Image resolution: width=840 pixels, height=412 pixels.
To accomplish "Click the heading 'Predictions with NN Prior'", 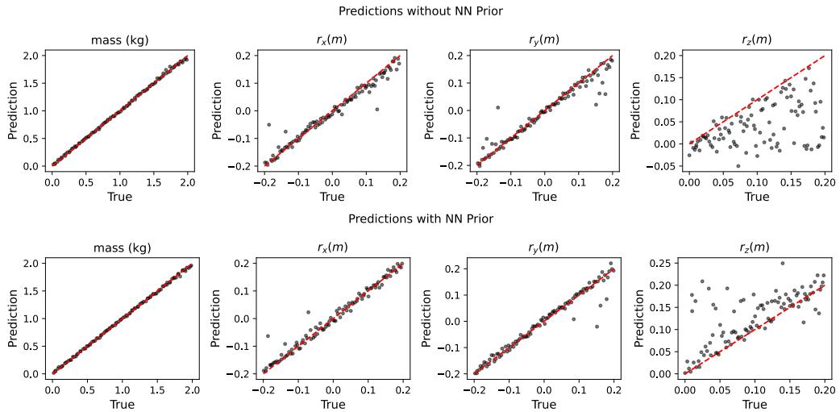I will [x=420, y=218].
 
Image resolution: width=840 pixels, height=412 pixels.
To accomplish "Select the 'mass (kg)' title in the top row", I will [x=119, y=40].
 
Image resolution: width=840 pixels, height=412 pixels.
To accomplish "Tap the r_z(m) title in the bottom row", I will [x=755, y=248].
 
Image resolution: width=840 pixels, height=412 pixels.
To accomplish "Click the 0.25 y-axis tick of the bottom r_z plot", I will [x=663, y=264].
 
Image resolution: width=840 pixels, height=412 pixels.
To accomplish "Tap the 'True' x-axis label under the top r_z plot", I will [x=756, y=197].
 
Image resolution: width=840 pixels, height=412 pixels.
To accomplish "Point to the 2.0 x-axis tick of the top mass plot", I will [x=187, y=183].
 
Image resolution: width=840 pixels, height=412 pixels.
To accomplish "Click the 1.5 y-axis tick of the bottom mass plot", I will [x=31, y=291].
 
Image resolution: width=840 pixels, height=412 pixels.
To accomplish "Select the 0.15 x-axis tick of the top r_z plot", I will [x=790, y=183].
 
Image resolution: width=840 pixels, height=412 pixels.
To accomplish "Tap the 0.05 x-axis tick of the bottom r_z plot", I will [x=719, y=390].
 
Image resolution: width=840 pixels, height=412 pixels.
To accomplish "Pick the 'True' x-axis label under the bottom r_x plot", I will [x=331, y=404].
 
